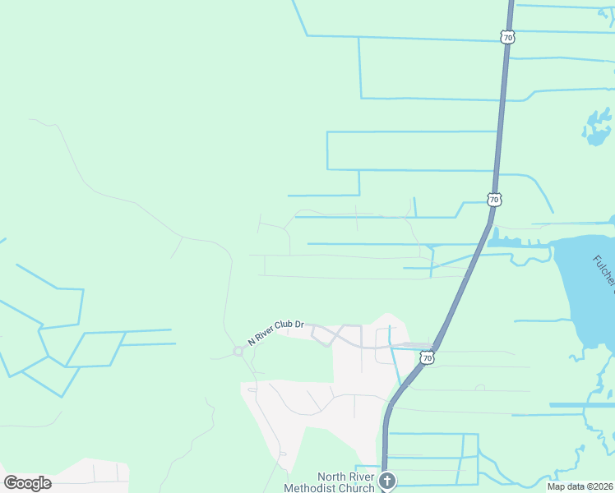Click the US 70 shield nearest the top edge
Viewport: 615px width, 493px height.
tap(507, 37)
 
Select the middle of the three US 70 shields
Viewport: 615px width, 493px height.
tap(493, 200)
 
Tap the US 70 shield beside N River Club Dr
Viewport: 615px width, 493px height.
tap(427, 357)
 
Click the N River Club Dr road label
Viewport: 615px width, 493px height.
tap(276, 332)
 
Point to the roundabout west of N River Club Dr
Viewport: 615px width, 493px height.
tap(238, 351)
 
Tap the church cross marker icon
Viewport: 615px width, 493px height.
tap(386, 481)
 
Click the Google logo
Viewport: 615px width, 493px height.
tap(27, 483)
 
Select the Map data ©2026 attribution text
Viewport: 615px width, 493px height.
tap(580, 486)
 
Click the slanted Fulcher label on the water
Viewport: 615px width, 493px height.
tap(603, 274)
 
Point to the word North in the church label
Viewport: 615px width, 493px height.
tap(331, 477)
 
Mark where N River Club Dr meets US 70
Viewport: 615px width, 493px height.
tap(431, 346)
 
